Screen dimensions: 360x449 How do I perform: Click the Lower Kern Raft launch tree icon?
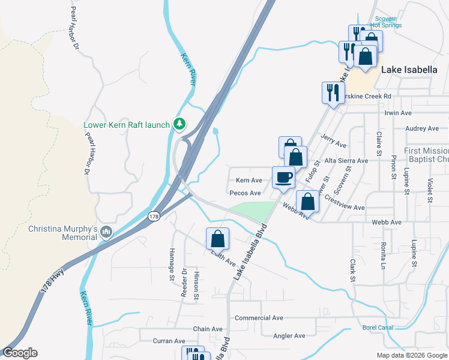(x=178, y=124)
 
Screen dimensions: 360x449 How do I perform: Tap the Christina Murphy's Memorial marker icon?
(x=106, y=232)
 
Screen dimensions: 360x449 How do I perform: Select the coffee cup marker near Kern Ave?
(x=283, y=177)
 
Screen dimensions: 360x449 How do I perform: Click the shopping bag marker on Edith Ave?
(x=217, y=238)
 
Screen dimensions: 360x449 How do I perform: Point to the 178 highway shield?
(x=154, y=216)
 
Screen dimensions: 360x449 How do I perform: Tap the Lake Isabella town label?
(x=409, y=70)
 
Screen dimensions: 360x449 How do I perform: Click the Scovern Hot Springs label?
(x=390, y=22)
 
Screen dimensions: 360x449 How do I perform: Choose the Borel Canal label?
(x=378, y=328)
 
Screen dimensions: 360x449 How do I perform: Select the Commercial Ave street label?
(x=258, y=317)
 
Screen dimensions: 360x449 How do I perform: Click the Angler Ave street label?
(x=289, y=335)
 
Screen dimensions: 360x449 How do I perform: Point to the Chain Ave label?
(x=208, y=329)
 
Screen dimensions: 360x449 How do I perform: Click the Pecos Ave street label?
(x=245, y=193)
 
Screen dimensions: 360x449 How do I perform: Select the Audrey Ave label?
(x=422, y=128)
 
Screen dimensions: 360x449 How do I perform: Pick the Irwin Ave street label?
(x=397, y=113)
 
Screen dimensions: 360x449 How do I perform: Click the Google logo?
(x=20, y=353)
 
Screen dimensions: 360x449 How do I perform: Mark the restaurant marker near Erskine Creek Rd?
(x=333, y=92)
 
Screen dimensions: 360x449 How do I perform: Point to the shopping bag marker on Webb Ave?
(x=307, y=202)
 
